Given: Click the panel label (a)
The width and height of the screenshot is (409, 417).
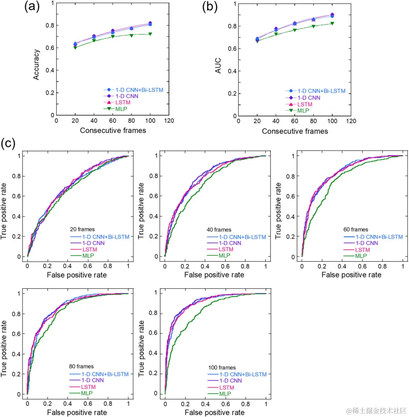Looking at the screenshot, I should point(33,8).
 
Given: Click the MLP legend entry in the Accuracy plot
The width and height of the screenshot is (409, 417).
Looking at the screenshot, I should point(120,109).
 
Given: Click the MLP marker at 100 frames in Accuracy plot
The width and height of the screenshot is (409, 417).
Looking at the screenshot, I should point(150,34).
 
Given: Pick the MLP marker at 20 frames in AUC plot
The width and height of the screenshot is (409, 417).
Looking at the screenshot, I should point(257,41).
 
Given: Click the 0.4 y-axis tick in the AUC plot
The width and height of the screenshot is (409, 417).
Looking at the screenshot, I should point(231,71).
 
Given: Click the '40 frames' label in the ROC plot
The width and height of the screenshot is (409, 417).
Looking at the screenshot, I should point(219,230).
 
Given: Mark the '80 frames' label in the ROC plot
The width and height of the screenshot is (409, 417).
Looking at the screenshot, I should point(82,366).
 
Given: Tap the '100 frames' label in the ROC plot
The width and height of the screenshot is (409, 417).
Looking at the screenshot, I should point(222,367).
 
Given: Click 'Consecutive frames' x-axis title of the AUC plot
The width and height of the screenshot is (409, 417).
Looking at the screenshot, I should point(295,131).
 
